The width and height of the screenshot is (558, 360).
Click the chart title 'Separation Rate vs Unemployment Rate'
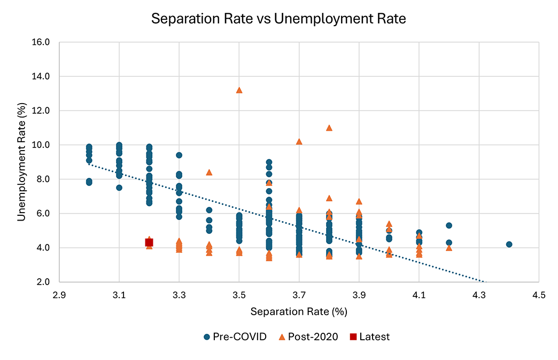[x=278, y=19]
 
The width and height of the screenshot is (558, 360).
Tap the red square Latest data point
[x=149, y=242]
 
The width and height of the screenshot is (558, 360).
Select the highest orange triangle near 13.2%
[x=239, y=90]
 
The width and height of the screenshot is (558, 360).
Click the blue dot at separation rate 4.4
[x=509, y=244]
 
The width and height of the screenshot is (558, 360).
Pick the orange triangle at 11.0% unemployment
[x=329, y=128]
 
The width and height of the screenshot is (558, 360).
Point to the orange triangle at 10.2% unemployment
[x=299, y=142]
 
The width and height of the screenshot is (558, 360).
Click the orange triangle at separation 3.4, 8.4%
[x=209, y=172]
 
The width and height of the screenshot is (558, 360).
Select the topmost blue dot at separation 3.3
[x=179, y=155]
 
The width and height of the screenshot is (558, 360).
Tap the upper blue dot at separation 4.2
[x=449, y=225]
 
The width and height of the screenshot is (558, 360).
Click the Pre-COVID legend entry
[x=235, y=337]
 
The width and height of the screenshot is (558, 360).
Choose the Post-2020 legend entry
[x=307, y=337]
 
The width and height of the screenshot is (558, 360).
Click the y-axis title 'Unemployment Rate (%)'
[x=22, y=162]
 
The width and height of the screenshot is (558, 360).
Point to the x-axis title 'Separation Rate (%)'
[x=299, y=310]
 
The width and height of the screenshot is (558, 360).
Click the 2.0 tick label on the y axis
[x=43, y=282]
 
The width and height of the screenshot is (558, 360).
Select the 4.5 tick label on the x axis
[x=538, y=294]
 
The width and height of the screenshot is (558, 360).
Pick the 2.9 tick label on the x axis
[x=59, y=294]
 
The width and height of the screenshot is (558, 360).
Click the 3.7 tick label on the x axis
[x=299, y=294]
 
